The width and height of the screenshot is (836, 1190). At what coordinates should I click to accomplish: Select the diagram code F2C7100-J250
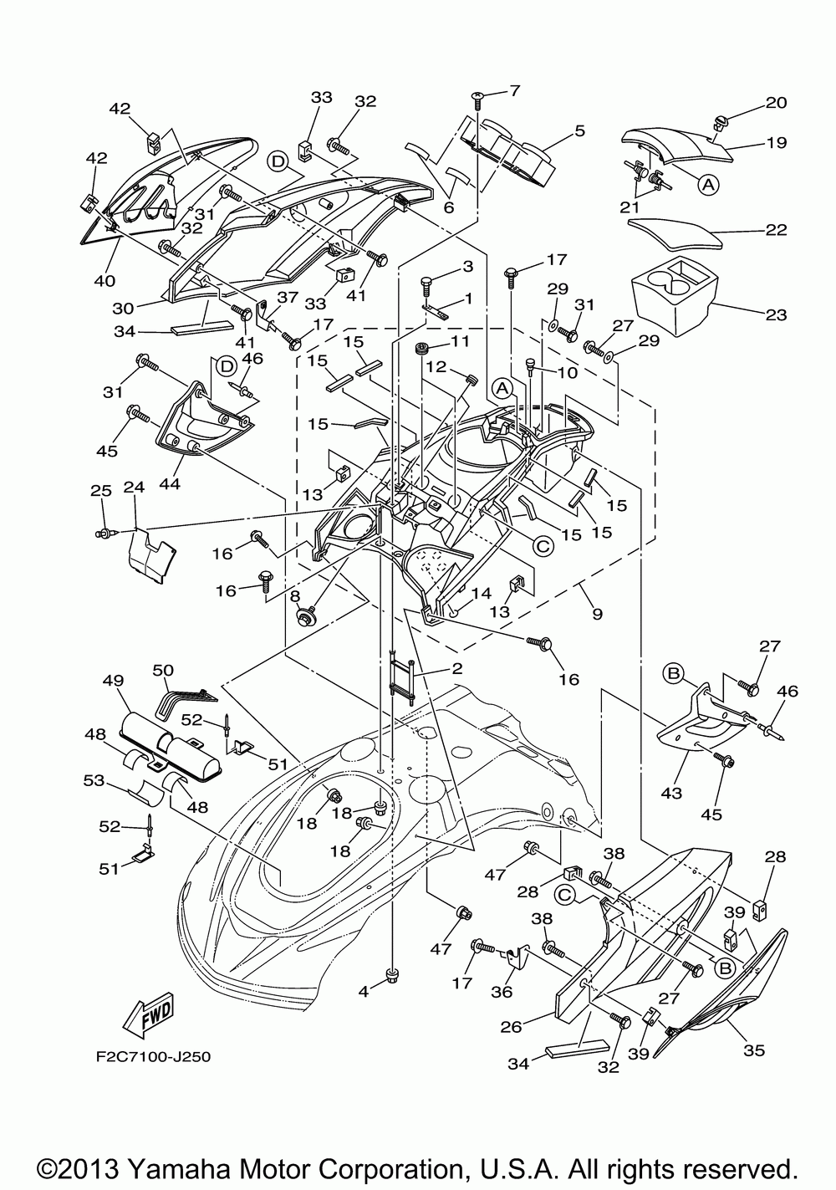tap(154, 1057)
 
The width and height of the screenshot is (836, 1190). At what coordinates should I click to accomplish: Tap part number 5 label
tap(579, 130)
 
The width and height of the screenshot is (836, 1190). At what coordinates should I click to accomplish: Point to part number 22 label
tap(776, 230)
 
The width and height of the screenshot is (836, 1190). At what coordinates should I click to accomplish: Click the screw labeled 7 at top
tap(477, 97)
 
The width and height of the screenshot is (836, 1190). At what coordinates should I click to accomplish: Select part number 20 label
tap(776, 103)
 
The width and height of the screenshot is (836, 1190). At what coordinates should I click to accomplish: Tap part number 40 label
tap(104, 280)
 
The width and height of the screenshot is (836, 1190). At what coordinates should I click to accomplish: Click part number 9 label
tap(597, 614)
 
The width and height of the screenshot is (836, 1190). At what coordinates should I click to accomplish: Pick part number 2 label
tap(456, 668)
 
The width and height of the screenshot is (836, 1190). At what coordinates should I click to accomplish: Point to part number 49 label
tap(112, 681)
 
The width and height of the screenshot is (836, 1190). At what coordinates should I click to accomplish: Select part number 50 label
tap(163, 670)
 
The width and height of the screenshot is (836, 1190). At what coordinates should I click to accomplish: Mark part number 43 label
tap(670, 793)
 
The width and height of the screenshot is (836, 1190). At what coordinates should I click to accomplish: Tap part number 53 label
tap(94, 780)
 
